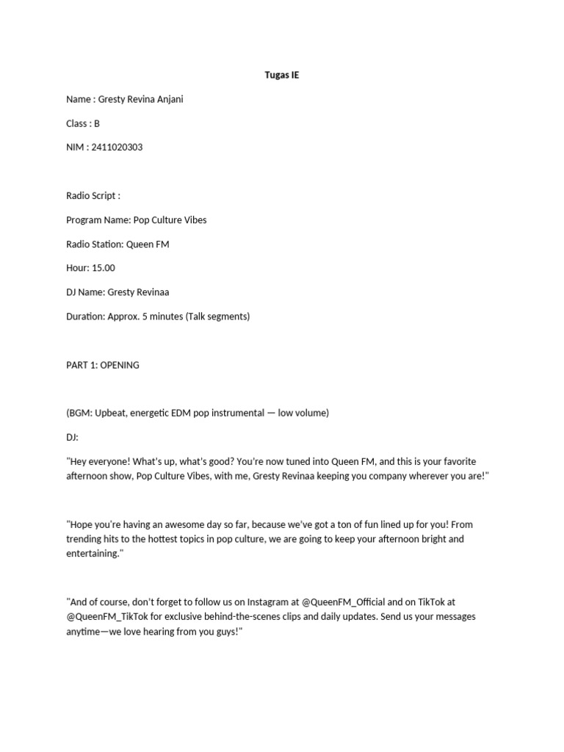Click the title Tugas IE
tap(282, 75)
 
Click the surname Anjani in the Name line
tap(167, 99)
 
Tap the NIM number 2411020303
tap(117, 147)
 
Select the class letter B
tap(96, 123)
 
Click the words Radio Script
tap(90, 195)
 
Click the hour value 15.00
tap(104, 268)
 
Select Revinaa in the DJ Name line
tap(153, 292)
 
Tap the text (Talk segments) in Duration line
tap(218, 317)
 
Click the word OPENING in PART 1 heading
tap(120, 365)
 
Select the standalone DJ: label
tap(72, 437)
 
